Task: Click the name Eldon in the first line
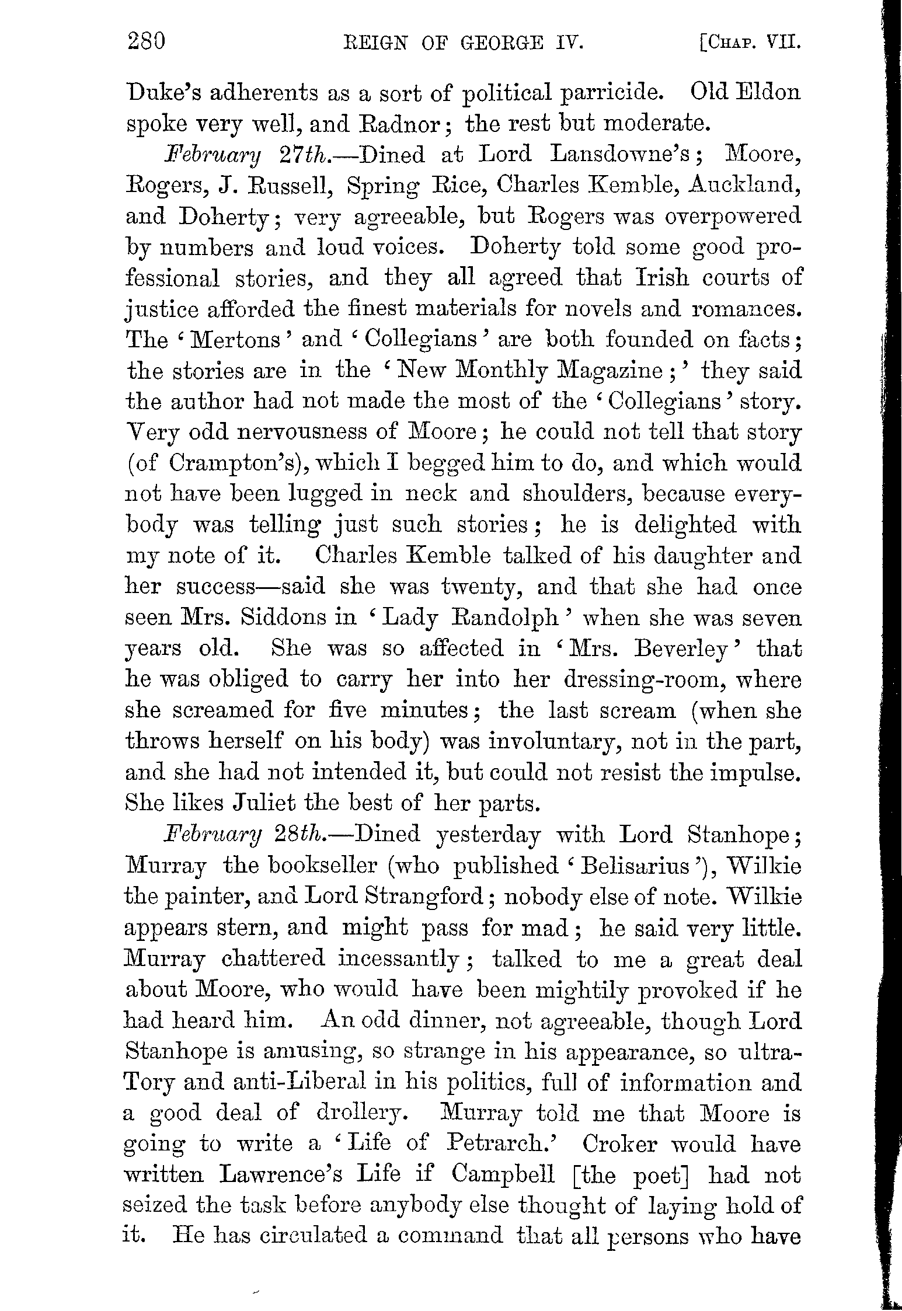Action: [x=769, y=93]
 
